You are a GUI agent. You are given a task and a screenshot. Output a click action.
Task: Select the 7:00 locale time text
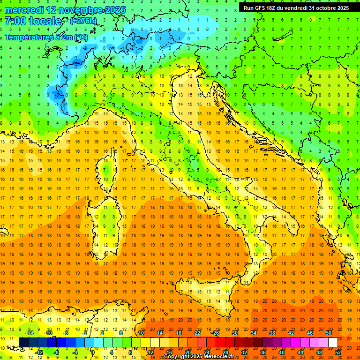(x=33, y=21)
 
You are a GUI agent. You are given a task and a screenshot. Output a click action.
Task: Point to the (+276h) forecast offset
(x=83, y=21)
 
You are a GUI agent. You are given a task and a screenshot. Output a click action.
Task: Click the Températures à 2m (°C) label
(x=45, y=37)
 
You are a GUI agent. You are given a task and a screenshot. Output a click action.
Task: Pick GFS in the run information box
(x=263, y=7)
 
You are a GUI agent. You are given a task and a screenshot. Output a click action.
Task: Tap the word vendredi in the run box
(x=293, y=7)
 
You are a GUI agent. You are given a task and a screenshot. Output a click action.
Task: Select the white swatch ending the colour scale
(x=333, y=343)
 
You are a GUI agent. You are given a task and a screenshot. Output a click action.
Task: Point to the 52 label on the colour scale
(x=338, y=352)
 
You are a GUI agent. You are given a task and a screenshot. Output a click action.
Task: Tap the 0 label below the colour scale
(x=93, y=352)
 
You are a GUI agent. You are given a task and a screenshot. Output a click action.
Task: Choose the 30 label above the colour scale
(x=234, y=333)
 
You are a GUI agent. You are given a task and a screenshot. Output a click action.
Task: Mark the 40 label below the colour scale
(x=282, y=352)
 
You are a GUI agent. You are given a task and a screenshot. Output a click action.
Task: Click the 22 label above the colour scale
(x=197, y=333)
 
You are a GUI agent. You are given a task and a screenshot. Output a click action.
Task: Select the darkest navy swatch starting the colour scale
(x=23, y=343)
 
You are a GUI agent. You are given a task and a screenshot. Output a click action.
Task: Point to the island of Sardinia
(x=107, y=225)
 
